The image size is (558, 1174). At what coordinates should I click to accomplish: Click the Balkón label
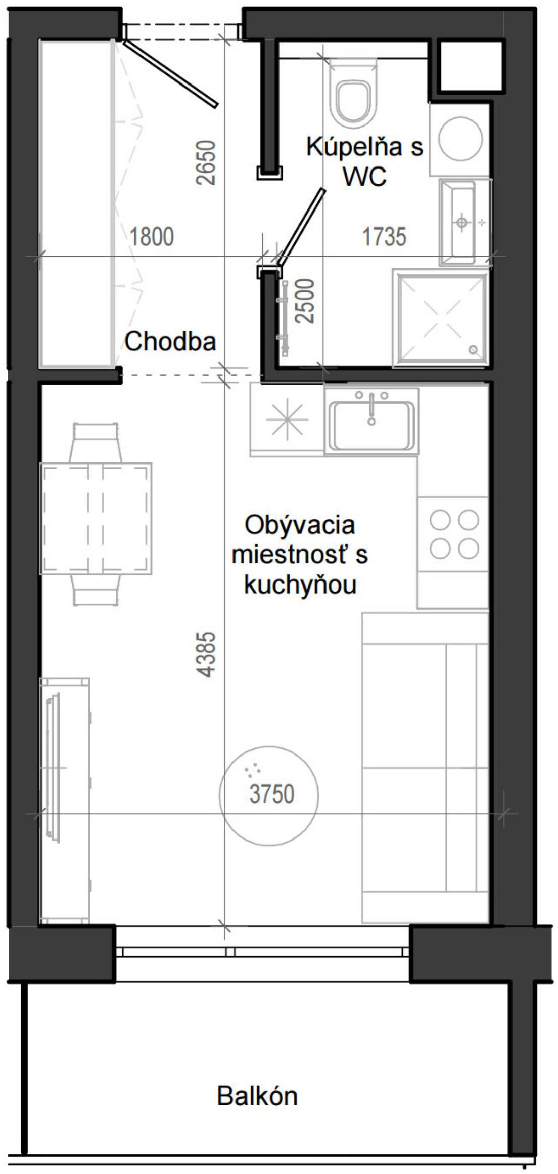click(x=257, y=1096)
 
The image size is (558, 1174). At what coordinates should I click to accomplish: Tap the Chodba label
click(x=170, y=342)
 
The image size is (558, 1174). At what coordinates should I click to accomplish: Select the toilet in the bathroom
click(x=352, y=96)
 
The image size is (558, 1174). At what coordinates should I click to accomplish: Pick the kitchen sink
click(x=371, y=420)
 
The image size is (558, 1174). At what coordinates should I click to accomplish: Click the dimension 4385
click(x=208, y=654)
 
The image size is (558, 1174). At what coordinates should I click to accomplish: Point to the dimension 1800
click(x=152, y=237)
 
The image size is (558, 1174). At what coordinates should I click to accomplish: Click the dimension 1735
click(x=384, y=237)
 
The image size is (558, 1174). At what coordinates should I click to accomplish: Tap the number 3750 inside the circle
click(x=271, y=794)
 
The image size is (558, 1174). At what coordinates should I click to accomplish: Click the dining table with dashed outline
click(x=97, y=518)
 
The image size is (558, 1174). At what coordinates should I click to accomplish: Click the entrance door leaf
click(x=171, y=74)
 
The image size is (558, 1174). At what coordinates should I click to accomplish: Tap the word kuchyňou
click(x=300, y=585)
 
